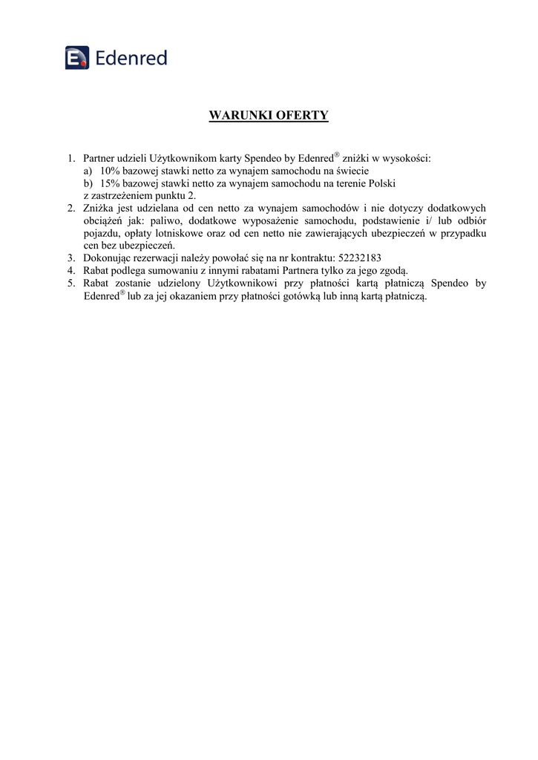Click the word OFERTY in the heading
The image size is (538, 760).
(302, 116)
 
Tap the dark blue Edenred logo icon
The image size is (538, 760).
(77, 57)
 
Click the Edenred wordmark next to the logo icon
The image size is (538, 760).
(131, 57)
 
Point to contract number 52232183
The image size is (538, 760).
(360, 258)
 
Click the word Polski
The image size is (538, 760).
(382, 182)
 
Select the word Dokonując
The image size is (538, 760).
(108, 258)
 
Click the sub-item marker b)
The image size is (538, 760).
(88, 182)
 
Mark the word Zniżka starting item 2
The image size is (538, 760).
(98, 209)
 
